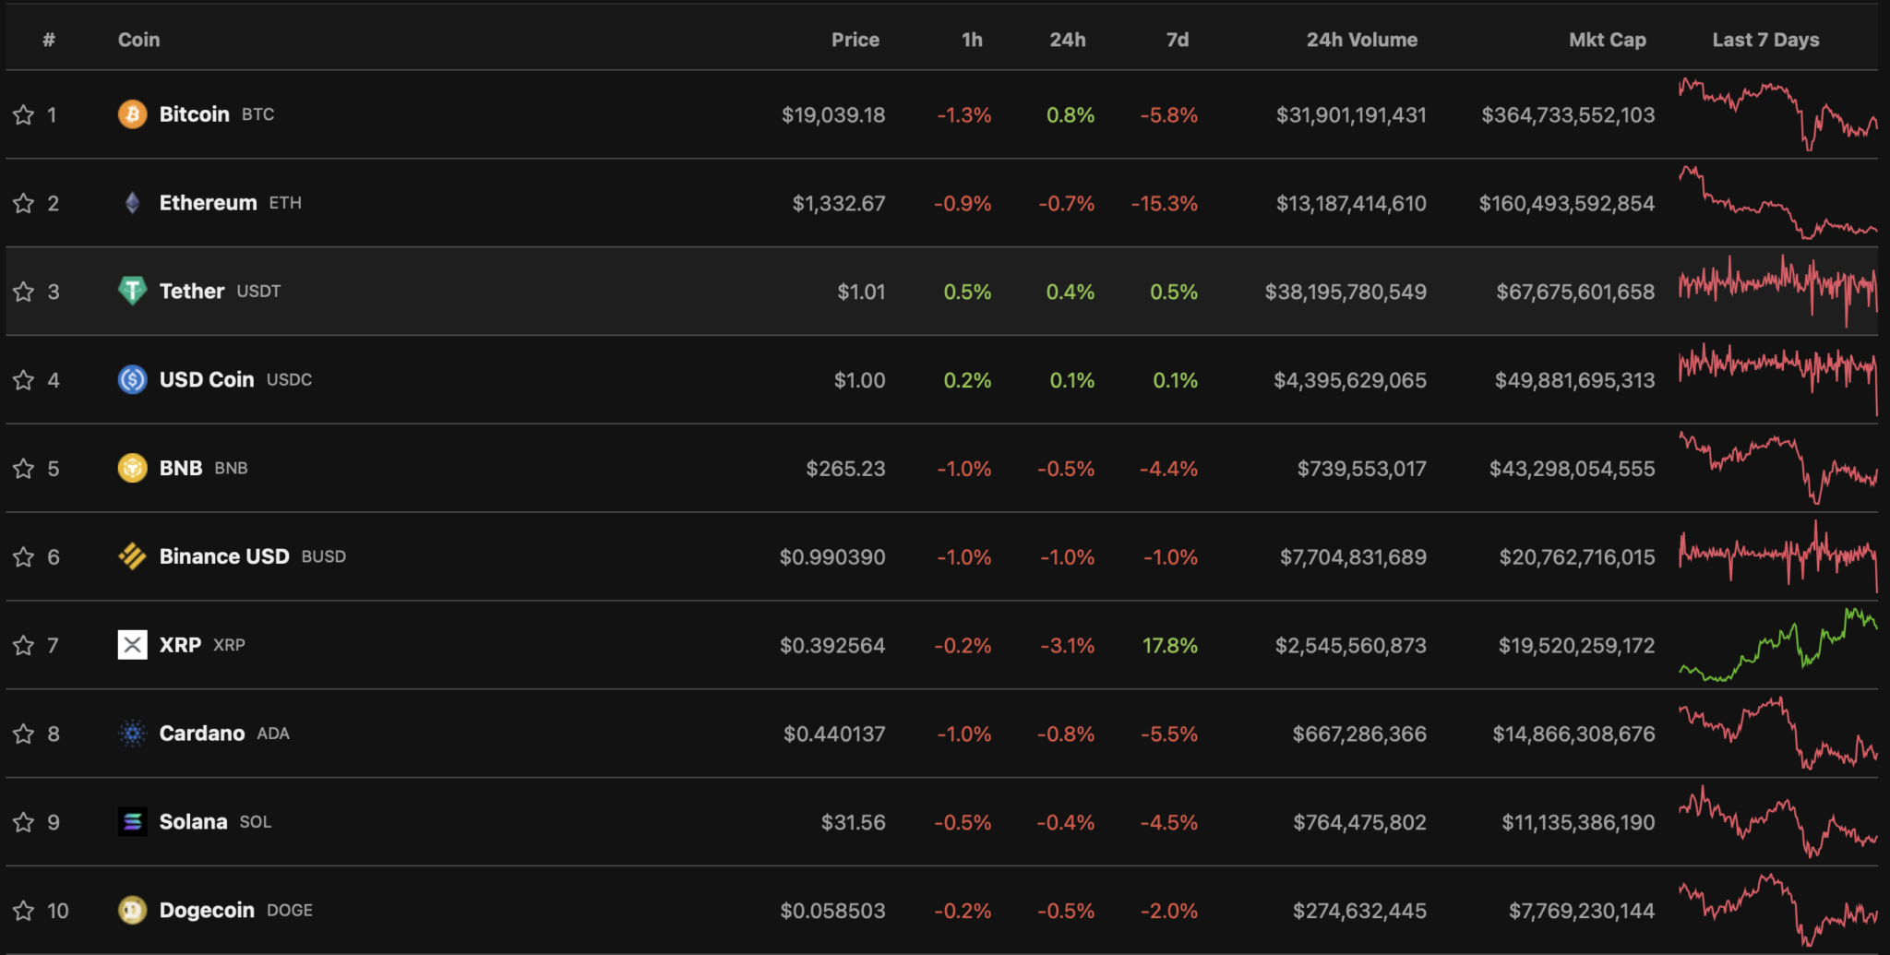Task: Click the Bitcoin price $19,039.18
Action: point(832,115)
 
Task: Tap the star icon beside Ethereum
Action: point(23,203)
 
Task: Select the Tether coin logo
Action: point(132,291)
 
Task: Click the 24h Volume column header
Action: point(1361,40)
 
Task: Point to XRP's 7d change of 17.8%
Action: point(1169,646)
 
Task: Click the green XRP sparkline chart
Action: point(1777,646)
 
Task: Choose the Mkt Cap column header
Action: point(1607,40)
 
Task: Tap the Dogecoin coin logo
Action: point(132,911)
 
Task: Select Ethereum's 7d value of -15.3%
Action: point(1164,204)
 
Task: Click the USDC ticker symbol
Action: point(289,379)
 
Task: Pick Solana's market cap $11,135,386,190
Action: point(1578,822)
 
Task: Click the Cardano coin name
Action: point(202,734)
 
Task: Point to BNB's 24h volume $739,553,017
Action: point(1361,469)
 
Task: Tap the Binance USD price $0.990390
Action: point(831,557)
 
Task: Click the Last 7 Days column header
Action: point(1765,40)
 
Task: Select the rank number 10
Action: point(58,912)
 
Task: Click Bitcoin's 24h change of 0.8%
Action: point(1070,115)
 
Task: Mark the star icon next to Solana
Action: point(23,822)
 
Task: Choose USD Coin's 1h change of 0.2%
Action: point(967,380)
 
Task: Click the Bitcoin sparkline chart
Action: point(1777,114)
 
